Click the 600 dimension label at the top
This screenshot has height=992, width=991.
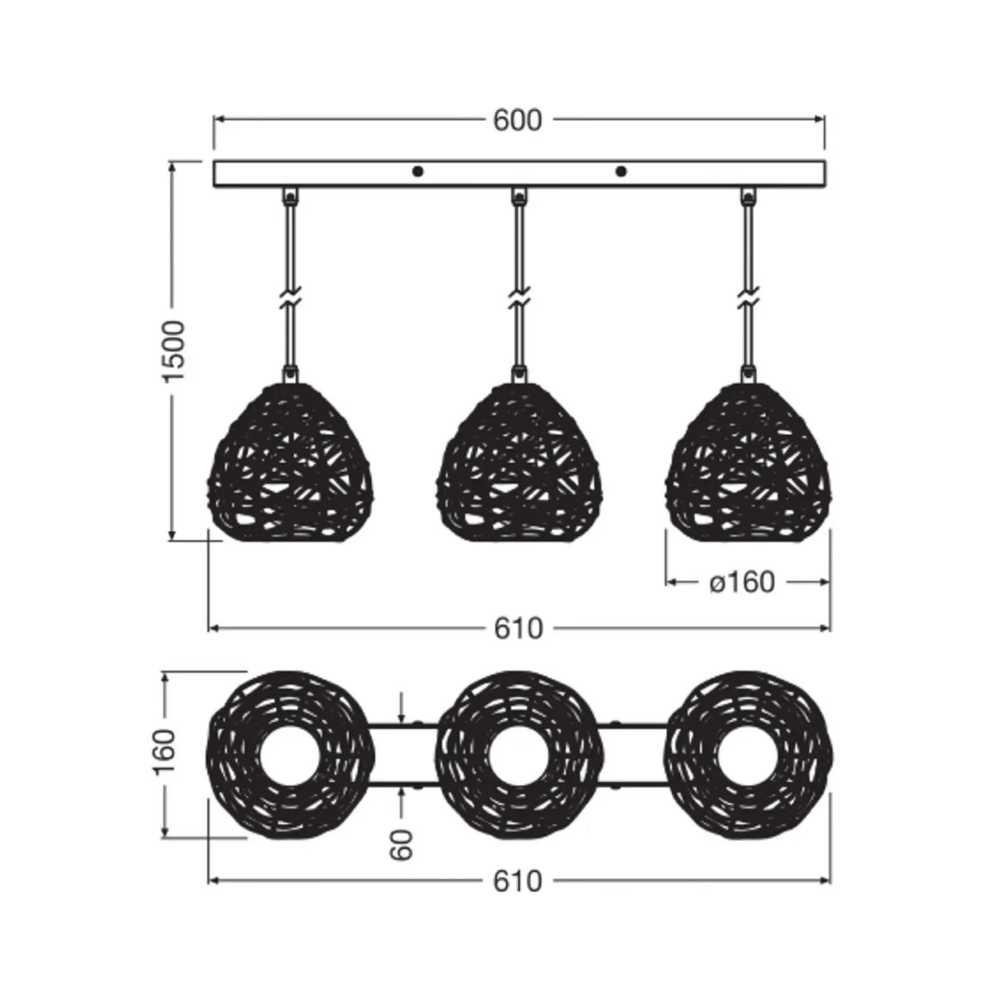pyautogui.click(x=518, y=120)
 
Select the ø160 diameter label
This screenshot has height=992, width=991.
pyautogui.click(x=743, y=582)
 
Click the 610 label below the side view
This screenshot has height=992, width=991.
pyautogui.click(x=518, y=628)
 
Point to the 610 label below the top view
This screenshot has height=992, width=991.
pyautogui.click(x=518, y=881)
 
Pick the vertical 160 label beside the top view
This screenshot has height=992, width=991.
pyautogui.click(x=165, y=752)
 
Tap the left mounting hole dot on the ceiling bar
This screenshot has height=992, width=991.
pyautogui.click(x=417, y=171)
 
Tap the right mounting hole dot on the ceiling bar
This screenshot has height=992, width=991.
pyautogui.click(x=621, y=171)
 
